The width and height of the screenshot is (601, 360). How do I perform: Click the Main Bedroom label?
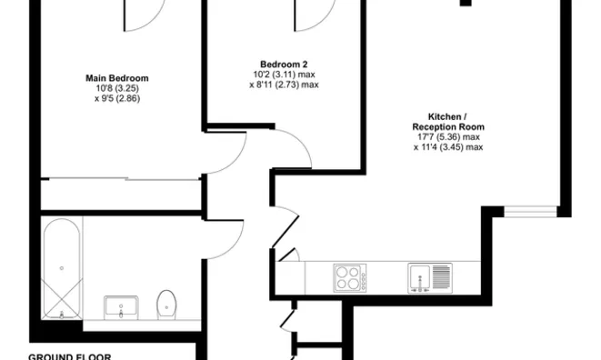(116, 78)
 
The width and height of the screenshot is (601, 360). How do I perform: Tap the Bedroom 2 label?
(285, 64)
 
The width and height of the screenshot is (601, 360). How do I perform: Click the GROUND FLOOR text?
(70, 356)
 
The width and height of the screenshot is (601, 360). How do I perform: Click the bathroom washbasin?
(121, 307)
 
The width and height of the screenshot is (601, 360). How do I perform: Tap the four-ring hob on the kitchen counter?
(348, 276)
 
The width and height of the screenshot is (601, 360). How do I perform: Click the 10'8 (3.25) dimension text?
(116, 88)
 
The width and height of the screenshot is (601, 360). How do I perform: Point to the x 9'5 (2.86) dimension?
(116, 98)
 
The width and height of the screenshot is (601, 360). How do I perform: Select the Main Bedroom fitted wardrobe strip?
(121, 194)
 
